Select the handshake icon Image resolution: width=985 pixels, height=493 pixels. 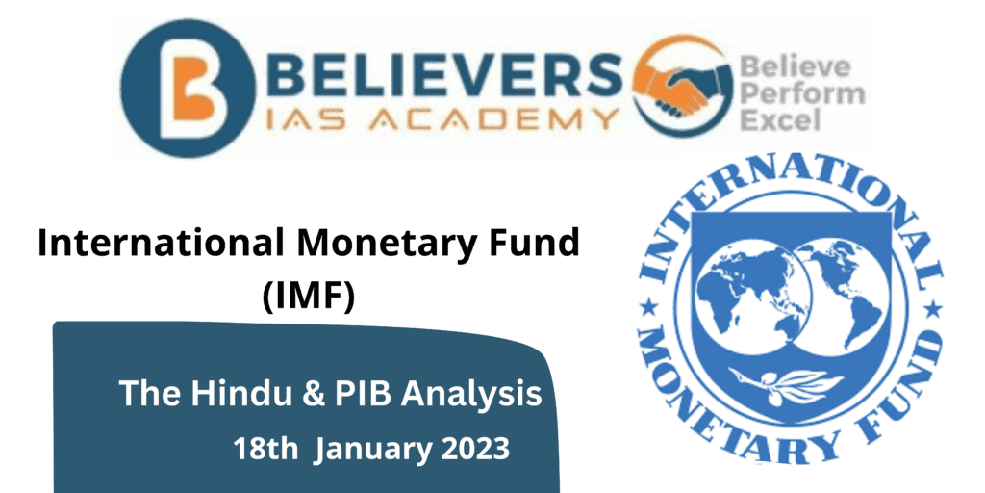coord(684,89)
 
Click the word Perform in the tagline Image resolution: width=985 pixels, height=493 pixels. coord(802,94)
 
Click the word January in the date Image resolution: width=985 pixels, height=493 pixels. coord(370,450)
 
